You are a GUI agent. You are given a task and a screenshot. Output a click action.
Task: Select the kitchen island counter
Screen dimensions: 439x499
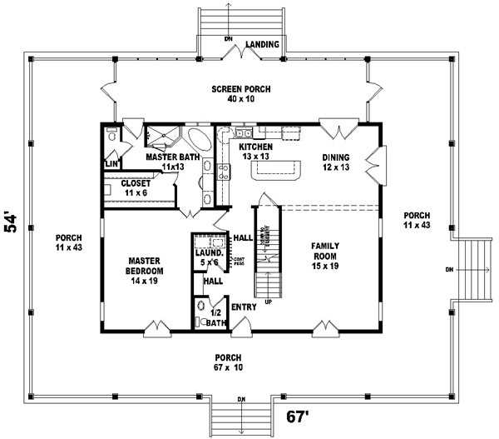[x=275, y=171]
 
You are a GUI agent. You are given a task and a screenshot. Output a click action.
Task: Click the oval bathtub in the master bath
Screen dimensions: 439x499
[x=200, y=138]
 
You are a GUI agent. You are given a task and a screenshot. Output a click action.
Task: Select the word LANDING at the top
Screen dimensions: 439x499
[x=263, y=43]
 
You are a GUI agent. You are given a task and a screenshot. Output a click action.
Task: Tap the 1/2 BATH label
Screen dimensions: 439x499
[x=215, y=317]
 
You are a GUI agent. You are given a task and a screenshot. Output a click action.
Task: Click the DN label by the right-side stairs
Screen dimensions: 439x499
[x=449, y=270]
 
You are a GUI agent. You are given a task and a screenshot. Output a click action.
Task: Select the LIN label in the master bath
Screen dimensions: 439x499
[x=110, y=164]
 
